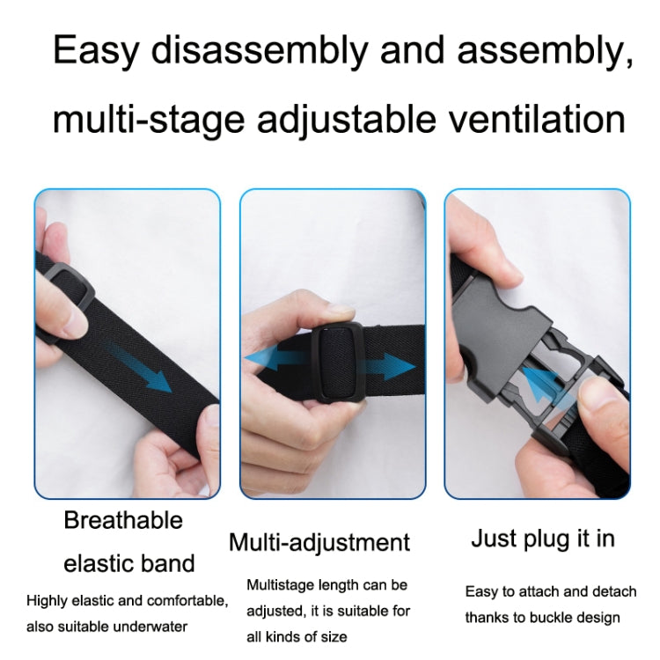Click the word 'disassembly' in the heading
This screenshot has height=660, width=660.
(x=260, y=51)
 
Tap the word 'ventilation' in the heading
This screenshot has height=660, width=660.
(x=536, y=119)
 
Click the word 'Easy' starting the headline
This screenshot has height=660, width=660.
(x=96, y=51)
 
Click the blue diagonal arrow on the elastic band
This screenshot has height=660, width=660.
(x=138, y=367)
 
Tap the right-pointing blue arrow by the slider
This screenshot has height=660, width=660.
(x=389, y=367)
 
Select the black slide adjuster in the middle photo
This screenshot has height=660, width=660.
(x=338, y=363)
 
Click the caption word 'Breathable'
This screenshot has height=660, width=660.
(x=123, y=521)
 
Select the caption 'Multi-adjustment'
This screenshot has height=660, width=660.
(x=319, y=543)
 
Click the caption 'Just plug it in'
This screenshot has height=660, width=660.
(x=543, y=539)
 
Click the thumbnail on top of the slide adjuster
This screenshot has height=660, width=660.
(x=340, y=312)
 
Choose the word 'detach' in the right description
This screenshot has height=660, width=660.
(x=614, y=592)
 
